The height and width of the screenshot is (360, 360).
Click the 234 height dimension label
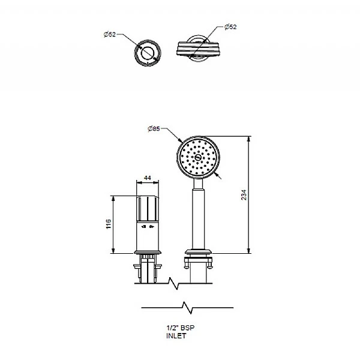244,194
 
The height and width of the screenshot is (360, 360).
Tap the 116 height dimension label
109,224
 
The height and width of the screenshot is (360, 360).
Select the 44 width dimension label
148,178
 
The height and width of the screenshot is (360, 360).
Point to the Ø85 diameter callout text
154,128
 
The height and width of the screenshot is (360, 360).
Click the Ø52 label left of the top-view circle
110,34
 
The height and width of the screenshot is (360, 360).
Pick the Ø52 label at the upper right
230,27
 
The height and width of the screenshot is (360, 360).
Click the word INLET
176,336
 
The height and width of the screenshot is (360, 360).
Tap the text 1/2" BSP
180,328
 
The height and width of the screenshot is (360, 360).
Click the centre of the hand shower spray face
198,157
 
